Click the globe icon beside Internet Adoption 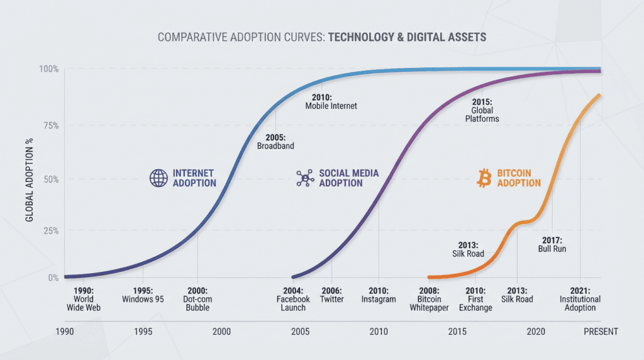point(157,178)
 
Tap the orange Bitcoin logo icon point(484,178)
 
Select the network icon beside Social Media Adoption point(305,178)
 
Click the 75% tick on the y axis point(51,125)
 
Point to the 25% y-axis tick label point(51,231)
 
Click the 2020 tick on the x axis point(536,332)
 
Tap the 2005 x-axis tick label point(299,332)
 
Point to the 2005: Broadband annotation point(275,141)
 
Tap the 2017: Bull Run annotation point(553,245)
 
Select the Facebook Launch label point(293,303)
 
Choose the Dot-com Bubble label point(197,303)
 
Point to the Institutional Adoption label point(579,303)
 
